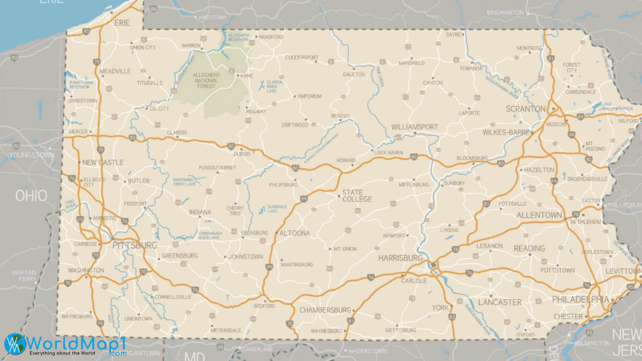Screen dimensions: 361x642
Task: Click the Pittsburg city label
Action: click(x=135, y=245)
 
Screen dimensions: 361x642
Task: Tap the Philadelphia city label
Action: click(x=580, y=299)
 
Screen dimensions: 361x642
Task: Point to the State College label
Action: click(x=357, y=196)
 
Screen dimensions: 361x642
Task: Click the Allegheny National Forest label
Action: click(x=206, y=81)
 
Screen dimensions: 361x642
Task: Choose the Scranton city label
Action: click(x=525, y=109)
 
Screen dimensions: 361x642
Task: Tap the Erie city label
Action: click(x=122, y=23)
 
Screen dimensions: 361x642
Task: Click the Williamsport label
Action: click(x=415, y=127)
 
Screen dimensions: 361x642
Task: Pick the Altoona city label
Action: click(x=295, y=233)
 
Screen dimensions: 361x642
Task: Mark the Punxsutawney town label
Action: click(x=217, y=167)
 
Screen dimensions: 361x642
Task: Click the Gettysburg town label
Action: click(x=401, y=330)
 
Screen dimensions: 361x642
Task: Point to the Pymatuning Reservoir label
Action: click(x=79, y=85)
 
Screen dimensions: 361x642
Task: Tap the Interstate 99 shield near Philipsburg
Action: click(x=304, y=199)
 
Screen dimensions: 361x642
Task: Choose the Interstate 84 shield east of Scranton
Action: click(x=580, y=117)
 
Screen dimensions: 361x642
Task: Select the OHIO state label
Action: click(x=31, y=196)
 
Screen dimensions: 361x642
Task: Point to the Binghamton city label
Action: click(x=505, y=13)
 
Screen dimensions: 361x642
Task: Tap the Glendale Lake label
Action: click(x=277, y=209)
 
